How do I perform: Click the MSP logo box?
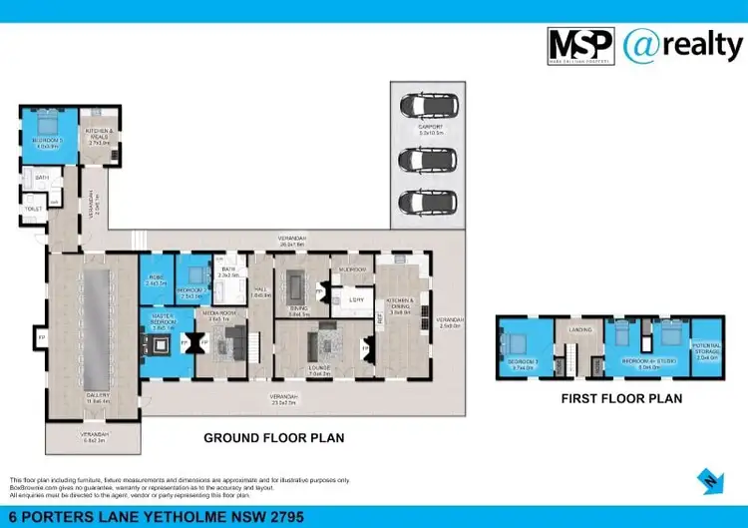coord(580,47)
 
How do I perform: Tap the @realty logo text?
coord(683,45)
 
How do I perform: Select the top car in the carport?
coord(420,106)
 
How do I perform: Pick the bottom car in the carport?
coord(420,202)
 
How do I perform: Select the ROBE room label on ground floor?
coord(156,279)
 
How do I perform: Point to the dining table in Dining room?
coord(298,287)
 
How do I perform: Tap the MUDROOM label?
coord(352,269)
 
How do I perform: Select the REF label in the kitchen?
coord(380,318)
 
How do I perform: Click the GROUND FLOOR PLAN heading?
coord(274,437)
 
